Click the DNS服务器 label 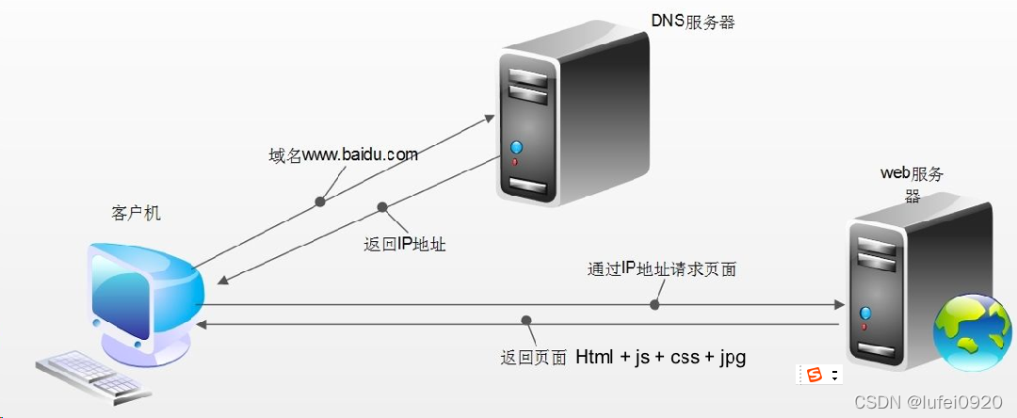point(693,22)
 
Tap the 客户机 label point(137,214)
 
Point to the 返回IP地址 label point(404,245)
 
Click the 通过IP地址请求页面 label point(661,270)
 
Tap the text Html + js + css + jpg point(661,357)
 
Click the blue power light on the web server point(865,313)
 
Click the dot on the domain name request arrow point(320,201)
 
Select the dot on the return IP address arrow point(382,207)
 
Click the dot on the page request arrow point(654,304)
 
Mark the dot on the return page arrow point(526,322)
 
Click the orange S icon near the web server point(814,375)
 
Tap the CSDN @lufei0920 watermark point(928,402)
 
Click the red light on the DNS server point(515,162)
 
